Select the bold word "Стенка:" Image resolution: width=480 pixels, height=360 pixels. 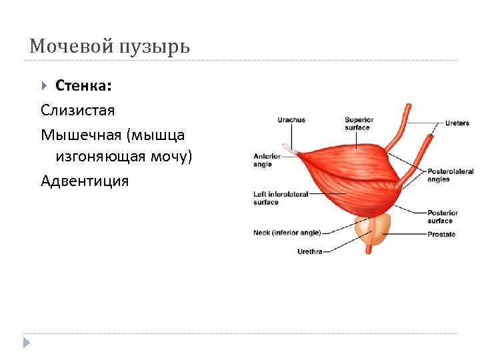coord(83,85)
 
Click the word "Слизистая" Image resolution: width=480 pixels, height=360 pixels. coord(78,109)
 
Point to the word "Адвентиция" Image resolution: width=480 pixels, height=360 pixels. coord(85,181)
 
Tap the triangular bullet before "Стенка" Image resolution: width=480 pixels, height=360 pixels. coord(45,85)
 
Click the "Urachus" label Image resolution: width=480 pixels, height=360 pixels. coord(291,120)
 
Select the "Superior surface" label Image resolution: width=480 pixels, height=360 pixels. coord(359,124)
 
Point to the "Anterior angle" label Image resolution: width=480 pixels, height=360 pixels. coord(267,160)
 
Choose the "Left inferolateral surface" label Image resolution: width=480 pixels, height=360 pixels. coord(280,198)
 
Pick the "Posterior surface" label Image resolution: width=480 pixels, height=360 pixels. coord(440,217)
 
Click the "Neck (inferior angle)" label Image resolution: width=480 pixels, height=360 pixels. coord(287,233)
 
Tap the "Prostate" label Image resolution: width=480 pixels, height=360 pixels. coord(441,234)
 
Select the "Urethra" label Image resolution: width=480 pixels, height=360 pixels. coord(311,251)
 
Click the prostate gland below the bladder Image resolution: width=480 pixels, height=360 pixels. coord(371,230)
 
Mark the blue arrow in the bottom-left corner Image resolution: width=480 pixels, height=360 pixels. coord(27,343)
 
